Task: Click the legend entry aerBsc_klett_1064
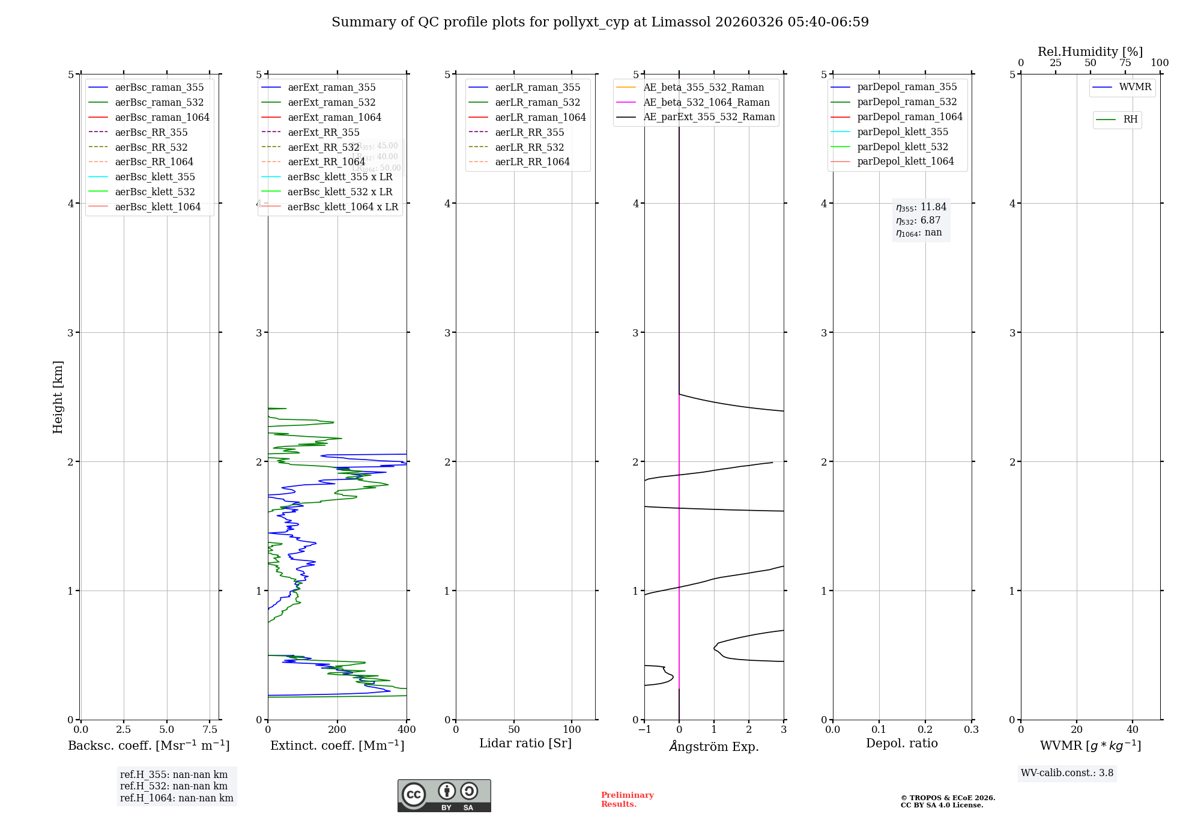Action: (x=158, y=207)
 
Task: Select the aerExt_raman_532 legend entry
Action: (x=331, y=102)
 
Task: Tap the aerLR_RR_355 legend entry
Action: (x=530, y=132)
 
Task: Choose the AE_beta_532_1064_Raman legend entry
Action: (x=706, y=102)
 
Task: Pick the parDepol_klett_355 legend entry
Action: (x=903, y=132)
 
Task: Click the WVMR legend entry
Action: (x=1135, y=87)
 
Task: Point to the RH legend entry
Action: (x=1130, y=120)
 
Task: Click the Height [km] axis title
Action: (x=58, y=396)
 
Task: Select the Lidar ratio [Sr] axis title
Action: (x=525, y=743)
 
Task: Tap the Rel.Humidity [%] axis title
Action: (x=1090, y=52)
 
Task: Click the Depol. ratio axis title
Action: (x=901, y=743)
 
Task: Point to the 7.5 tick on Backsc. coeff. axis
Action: (x=210, y=729)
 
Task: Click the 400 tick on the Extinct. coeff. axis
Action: (x=407, y=729)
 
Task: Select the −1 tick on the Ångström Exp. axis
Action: (x=644, y=729)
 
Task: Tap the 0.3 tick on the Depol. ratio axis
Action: (x=971, y=729)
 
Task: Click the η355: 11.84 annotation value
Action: (x=921, y=207)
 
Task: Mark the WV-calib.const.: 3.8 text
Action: (x=1067, y=773)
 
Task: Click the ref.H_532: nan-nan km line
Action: (x=174, y=786)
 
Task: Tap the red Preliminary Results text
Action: (x=627, y=799)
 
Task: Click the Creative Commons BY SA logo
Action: (x=444, y=795)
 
